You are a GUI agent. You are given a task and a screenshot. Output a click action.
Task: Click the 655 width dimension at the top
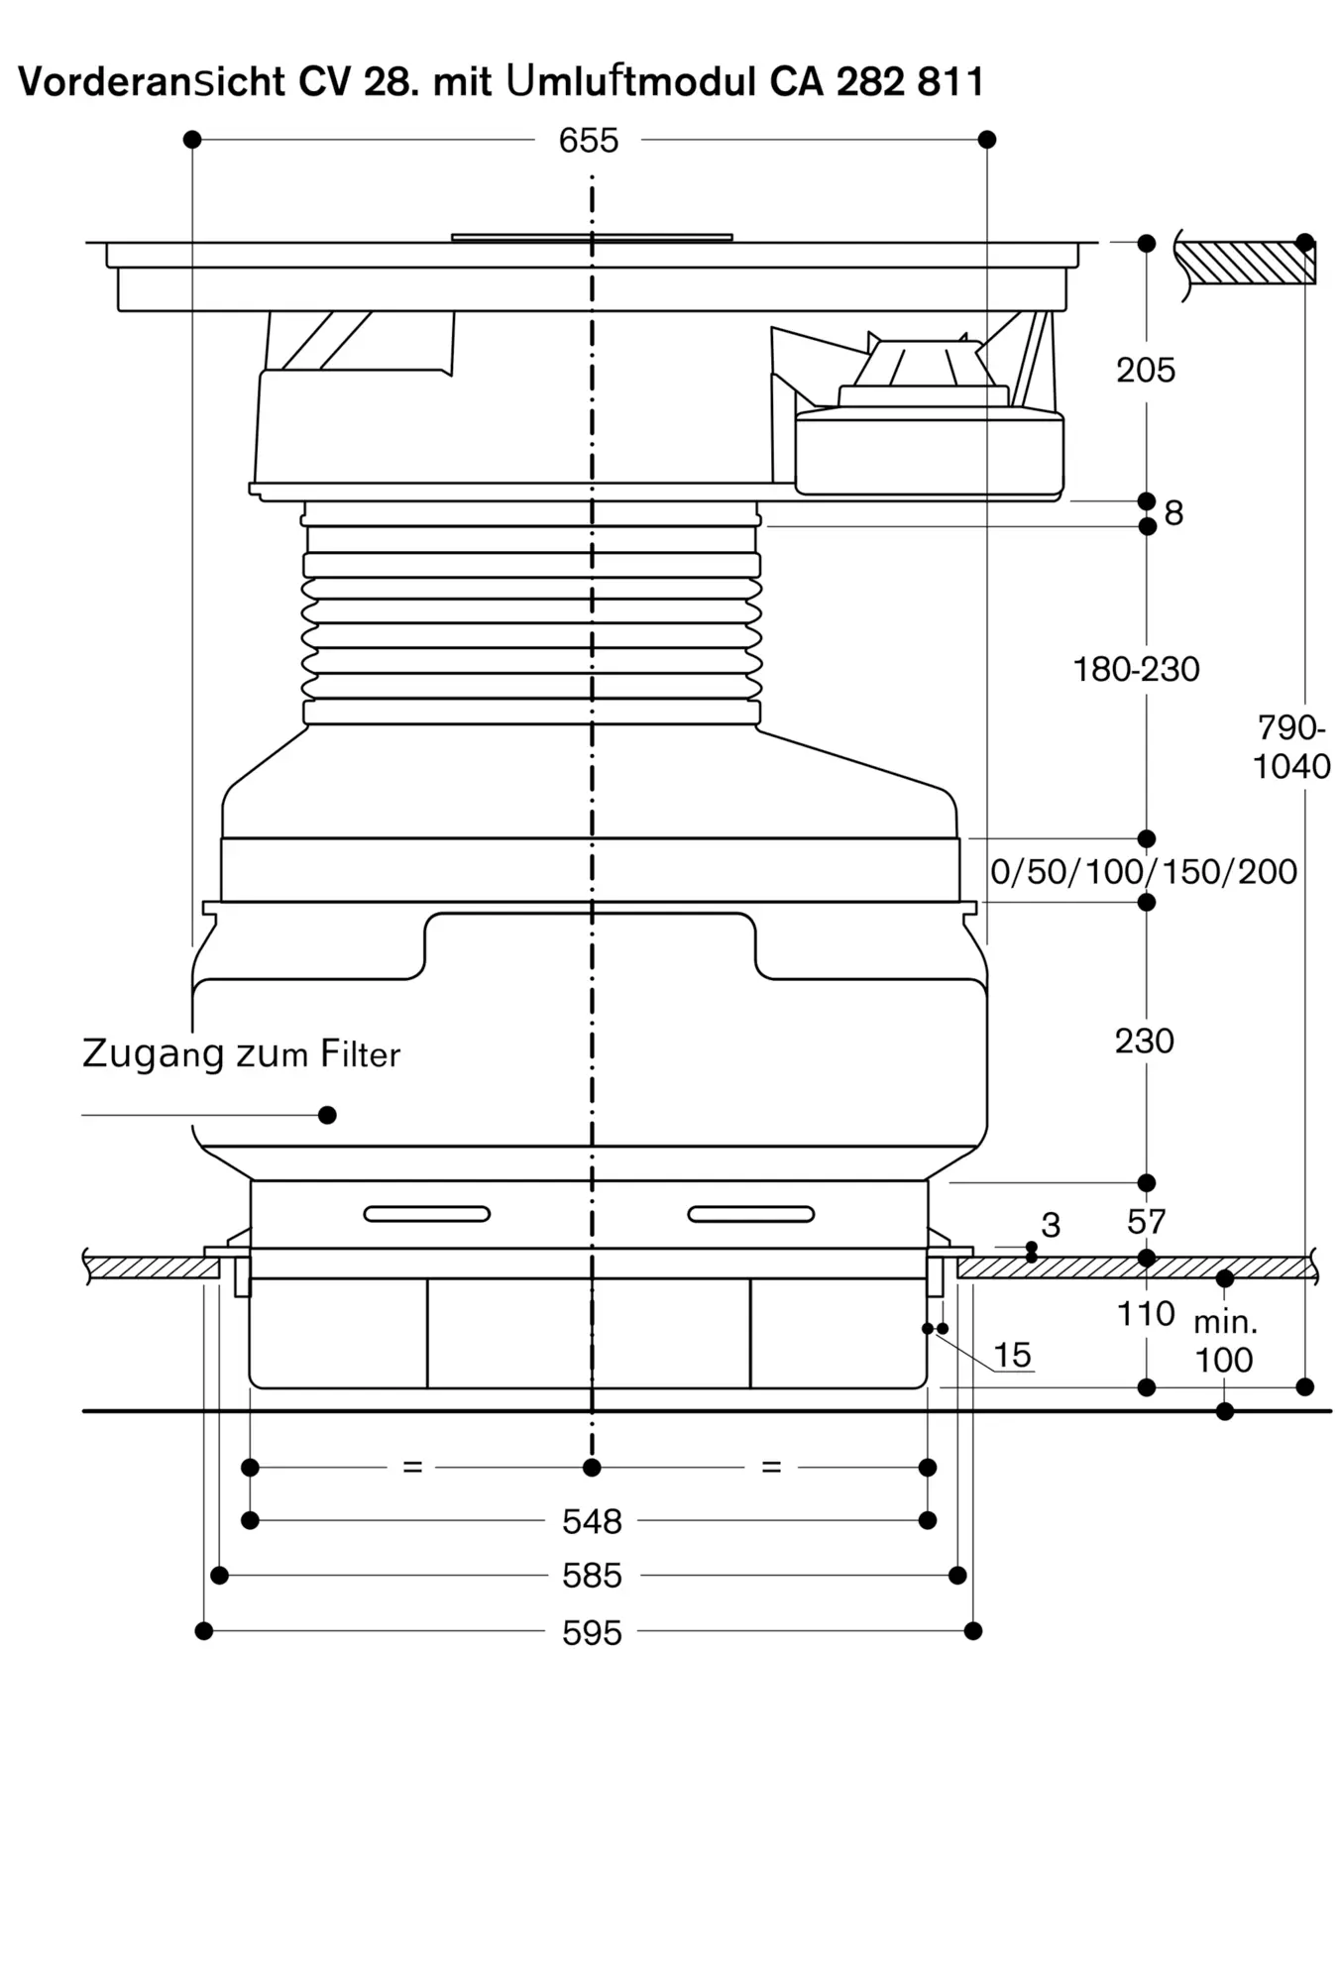(x=589, y=141)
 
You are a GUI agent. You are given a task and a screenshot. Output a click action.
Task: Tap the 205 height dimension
(x=1146, y=371)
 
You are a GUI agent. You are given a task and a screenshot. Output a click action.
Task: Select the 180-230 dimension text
(x=1137, y=670)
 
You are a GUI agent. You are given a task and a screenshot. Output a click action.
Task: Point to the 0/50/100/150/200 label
(x=1144, y=872)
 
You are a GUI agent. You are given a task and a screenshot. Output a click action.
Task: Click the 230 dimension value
(x=1145, y=1042)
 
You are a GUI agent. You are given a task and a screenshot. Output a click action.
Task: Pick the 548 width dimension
(x=592, y=1521)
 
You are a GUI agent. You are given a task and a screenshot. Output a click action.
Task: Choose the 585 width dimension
(x=592, y=1576)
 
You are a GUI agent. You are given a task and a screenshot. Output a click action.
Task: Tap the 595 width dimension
(x=592, y=1632)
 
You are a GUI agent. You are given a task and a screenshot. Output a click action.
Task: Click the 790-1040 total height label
(x=1291, y=747)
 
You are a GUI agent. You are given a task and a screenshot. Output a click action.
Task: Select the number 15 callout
(x=1012, y=1355)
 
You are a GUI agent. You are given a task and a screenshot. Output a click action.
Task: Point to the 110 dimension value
(x=1146, y=1314)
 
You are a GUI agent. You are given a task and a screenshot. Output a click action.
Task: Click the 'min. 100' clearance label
(x=1225, y=1341)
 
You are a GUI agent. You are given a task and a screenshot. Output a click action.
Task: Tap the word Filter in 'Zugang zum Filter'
(x=360, y=1054)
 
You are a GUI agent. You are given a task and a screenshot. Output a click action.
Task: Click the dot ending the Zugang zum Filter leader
(x=327, y=1115)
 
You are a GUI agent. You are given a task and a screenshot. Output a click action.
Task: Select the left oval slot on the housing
(x=427, y=1214)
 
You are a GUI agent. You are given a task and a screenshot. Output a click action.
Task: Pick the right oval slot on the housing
(x=751, y=1214)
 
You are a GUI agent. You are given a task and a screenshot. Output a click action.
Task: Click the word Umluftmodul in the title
(x=631, y=81)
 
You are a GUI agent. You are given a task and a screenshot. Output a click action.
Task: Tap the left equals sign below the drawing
(x=413, y=1467)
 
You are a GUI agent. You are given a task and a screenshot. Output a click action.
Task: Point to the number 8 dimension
(x=1173, y=513)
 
